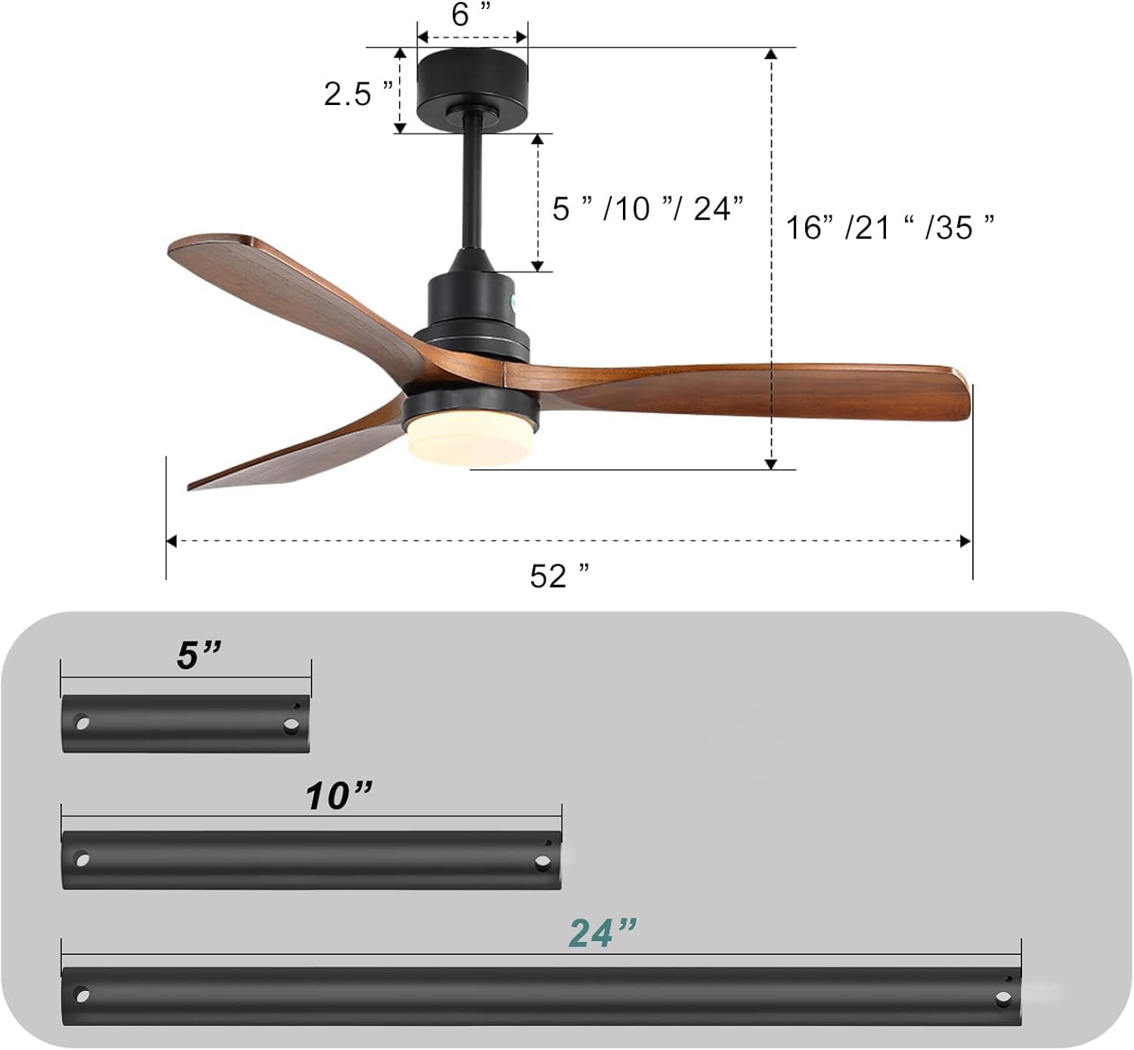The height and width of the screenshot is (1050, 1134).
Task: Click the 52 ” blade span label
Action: (x=559, y=576)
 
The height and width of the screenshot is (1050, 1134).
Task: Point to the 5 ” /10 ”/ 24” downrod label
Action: (x=647, y=208)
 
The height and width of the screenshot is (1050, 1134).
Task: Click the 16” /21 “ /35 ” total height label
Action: (x=890, y=227)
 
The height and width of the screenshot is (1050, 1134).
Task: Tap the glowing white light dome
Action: (x=469, y=440)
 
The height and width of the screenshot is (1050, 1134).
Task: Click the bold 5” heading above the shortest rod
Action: (x=199, y=655)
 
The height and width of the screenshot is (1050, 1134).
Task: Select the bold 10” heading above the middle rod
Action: (x=339, y=795)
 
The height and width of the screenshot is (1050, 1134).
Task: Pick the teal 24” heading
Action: (x=603, y=933)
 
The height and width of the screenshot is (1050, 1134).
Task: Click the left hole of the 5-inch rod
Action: (x=81, y=723)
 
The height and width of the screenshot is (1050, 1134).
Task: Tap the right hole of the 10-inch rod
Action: (x=542, y=862)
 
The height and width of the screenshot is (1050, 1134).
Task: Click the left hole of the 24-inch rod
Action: (x=81, y=995)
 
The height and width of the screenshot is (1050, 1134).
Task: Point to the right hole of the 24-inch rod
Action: (x=1003, y=999)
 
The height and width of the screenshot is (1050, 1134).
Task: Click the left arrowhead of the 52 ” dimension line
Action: (x=172, y=541)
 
